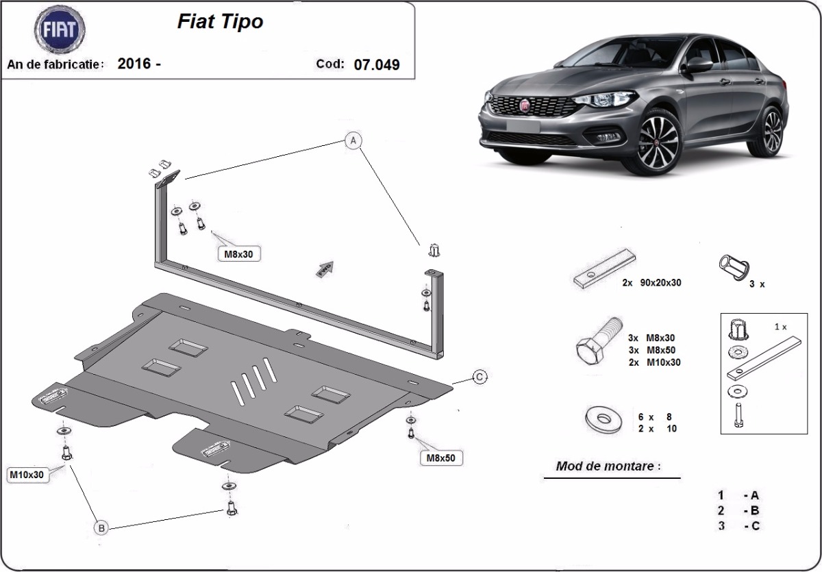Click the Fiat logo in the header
(60, 29)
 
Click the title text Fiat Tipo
(220, 22)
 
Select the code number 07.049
(377, 64)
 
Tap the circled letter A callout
(353, 140)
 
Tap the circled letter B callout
(101, 528)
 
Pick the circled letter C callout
(480, 377)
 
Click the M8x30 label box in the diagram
(239, 254)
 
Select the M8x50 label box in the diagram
(440, 458)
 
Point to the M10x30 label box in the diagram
(27, 475)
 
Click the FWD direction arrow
(325, 269)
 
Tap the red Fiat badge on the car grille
(525, 105)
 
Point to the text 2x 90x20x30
(651, 282)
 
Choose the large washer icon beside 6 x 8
(604, 419)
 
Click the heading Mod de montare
(608, 466)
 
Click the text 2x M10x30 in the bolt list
(654, 362)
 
